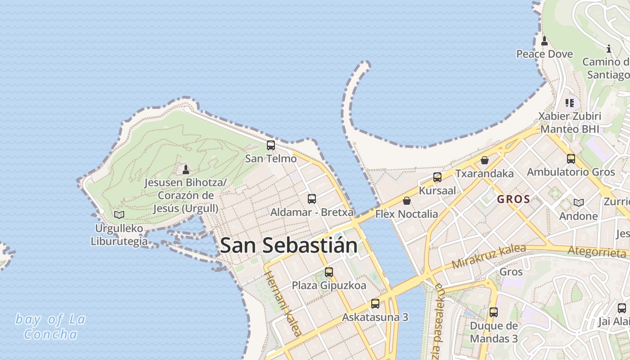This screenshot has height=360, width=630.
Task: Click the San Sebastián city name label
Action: tap(289, 245)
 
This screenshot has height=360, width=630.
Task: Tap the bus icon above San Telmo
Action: tap(270, 145)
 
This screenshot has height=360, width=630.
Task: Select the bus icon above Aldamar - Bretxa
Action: tap(311, 198)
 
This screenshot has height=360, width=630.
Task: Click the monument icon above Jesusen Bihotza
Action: tap(185, 169)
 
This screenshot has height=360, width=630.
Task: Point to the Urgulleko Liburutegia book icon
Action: tap(119, 215)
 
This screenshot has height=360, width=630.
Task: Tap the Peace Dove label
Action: tap(544, 54)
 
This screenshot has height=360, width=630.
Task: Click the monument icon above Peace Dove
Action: tap(544, 41)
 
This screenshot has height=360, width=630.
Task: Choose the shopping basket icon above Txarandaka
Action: tap(484, 160)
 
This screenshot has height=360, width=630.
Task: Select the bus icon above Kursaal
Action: tap(437, 177)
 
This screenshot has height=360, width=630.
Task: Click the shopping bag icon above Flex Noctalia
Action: tap(407, 201)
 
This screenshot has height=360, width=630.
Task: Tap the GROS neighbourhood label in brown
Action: tap(513, 199)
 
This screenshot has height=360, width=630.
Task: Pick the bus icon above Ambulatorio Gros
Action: tap(571, 159)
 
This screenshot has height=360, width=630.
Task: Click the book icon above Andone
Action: tap(578, 202)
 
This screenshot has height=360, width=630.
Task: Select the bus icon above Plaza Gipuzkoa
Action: tap(329, 272)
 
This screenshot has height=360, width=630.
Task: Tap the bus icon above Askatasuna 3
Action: tap(375, 304)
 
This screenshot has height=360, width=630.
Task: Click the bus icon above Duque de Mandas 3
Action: tap(494, 312)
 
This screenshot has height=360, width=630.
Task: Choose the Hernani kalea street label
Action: tap(282, 304)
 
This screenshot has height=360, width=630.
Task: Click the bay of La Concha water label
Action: tap(50, 327)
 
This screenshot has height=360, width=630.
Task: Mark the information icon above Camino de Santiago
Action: tap(609, 49)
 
